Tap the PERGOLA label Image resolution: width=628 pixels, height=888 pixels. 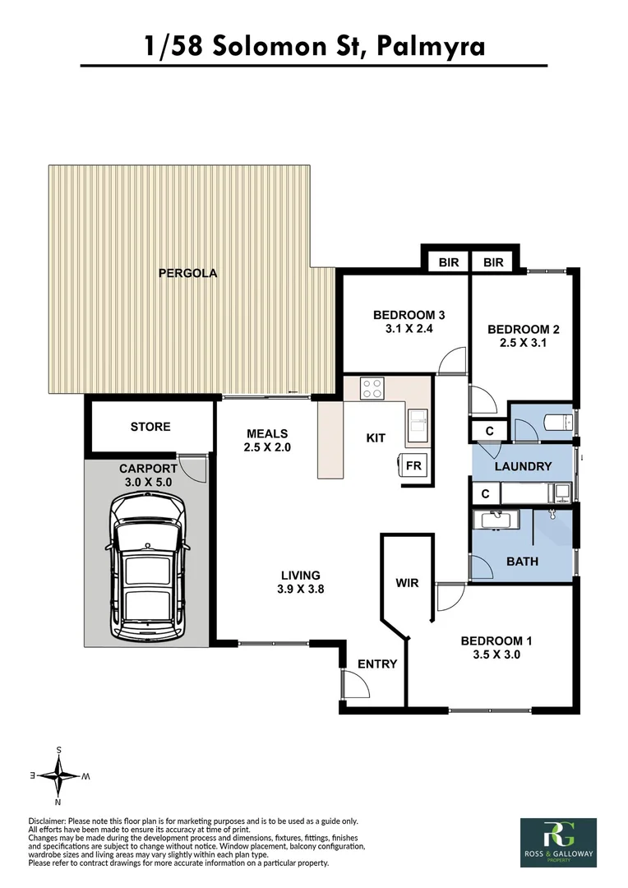coord(187,273)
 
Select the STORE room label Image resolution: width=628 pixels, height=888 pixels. coord(150,427)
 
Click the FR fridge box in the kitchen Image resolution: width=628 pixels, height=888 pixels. coord(414,466)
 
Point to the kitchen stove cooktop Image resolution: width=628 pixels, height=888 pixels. coord(372,387)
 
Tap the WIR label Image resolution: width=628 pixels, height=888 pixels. coord(407,583)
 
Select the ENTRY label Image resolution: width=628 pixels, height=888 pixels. coord(377,664)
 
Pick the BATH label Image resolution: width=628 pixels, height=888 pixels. coord(522,562)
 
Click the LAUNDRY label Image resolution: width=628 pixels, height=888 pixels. coord(522,466)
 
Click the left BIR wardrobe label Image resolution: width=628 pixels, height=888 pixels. coord(448,262)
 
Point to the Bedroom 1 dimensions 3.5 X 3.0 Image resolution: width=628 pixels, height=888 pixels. coord(491,655)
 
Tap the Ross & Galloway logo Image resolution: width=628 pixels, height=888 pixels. coord(558,842)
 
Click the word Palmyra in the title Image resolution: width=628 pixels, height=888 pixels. coord(431,47)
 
